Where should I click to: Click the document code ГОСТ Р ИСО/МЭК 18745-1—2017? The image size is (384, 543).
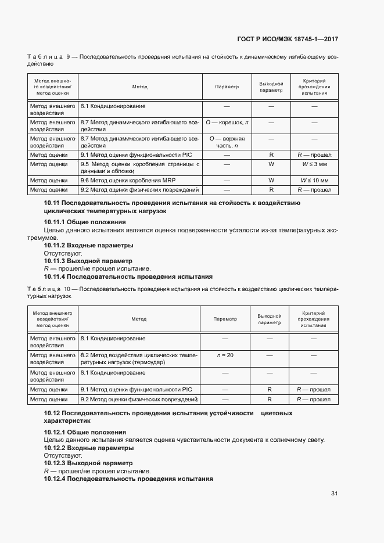pos(288,39)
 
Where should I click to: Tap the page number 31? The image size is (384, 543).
pos(334,494)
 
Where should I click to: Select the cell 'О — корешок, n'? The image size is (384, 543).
pos(227,123)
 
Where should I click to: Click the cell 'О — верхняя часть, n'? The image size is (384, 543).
pos(227,142)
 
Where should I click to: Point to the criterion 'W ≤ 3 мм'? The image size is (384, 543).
pos(314,164)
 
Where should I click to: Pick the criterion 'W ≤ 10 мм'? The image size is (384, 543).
pos(314,181)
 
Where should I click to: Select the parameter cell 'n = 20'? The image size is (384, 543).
pos(225,355)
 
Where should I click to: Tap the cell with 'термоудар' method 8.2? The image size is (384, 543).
pos(139,358)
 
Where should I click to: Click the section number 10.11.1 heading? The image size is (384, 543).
pos(85,222)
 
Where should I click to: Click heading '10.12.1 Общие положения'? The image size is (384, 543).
pos(85,432)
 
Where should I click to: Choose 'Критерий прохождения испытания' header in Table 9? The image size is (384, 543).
pos(314,87)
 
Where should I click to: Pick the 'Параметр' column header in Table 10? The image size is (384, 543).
pos(225,319)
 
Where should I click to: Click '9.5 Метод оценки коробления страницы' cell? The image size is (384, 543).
pos(139,168)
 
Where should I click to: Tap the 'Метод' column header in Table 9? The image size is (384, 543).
pos(139,87)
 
